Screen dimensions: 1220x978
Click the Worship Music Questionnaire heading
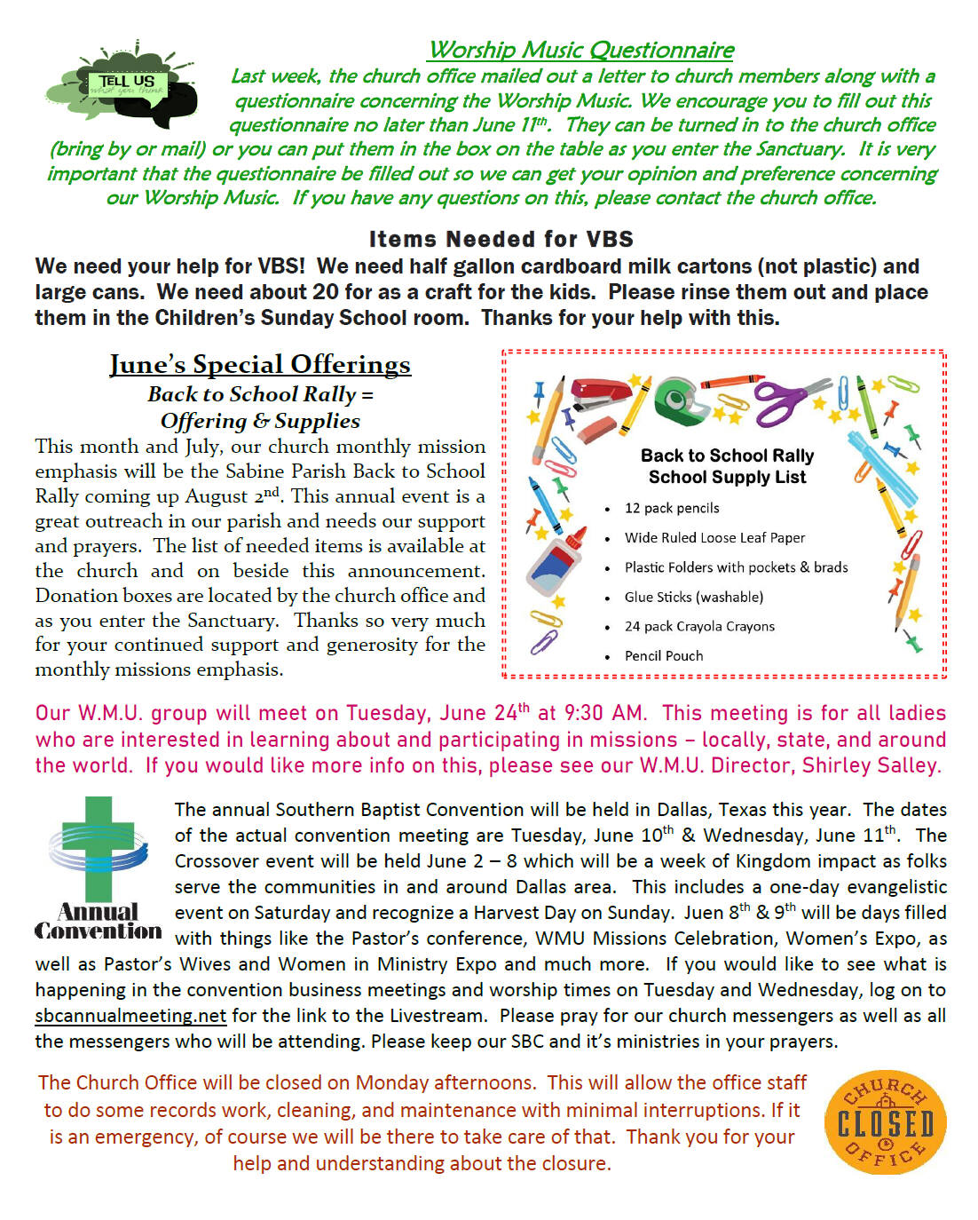coord(581,50)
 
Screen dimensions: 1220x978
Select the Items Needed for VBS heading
coord(501,239)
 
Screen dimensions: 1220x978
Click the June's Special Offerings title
coord(260,364)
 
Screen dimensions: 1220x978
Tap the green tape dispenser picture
coord(682,400)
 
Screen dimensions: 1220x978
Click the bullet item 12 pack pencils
coord(672,508)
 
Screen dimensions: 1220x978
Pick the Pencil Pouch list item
coord(663,655)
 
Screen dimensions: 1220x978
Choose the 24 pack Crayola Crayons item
coord(699,626)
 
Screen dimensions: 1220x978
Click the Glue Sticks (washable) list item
coord(693,597)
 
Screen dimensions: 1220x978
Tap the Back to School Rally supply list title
coord(727,466)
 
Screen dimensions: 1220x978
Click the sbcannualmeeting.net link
coord(130,1015)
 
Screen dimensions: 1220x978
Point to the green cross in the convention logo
coord(99,848)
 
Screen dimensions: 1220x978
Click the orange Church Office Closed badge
coord(885,1121)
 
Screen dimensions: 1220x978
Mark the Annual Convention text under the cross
coord(99,922)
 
